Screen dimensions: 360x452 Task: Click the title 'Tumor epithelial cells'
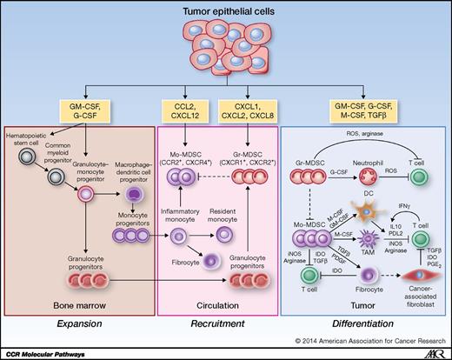(225, 10)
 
